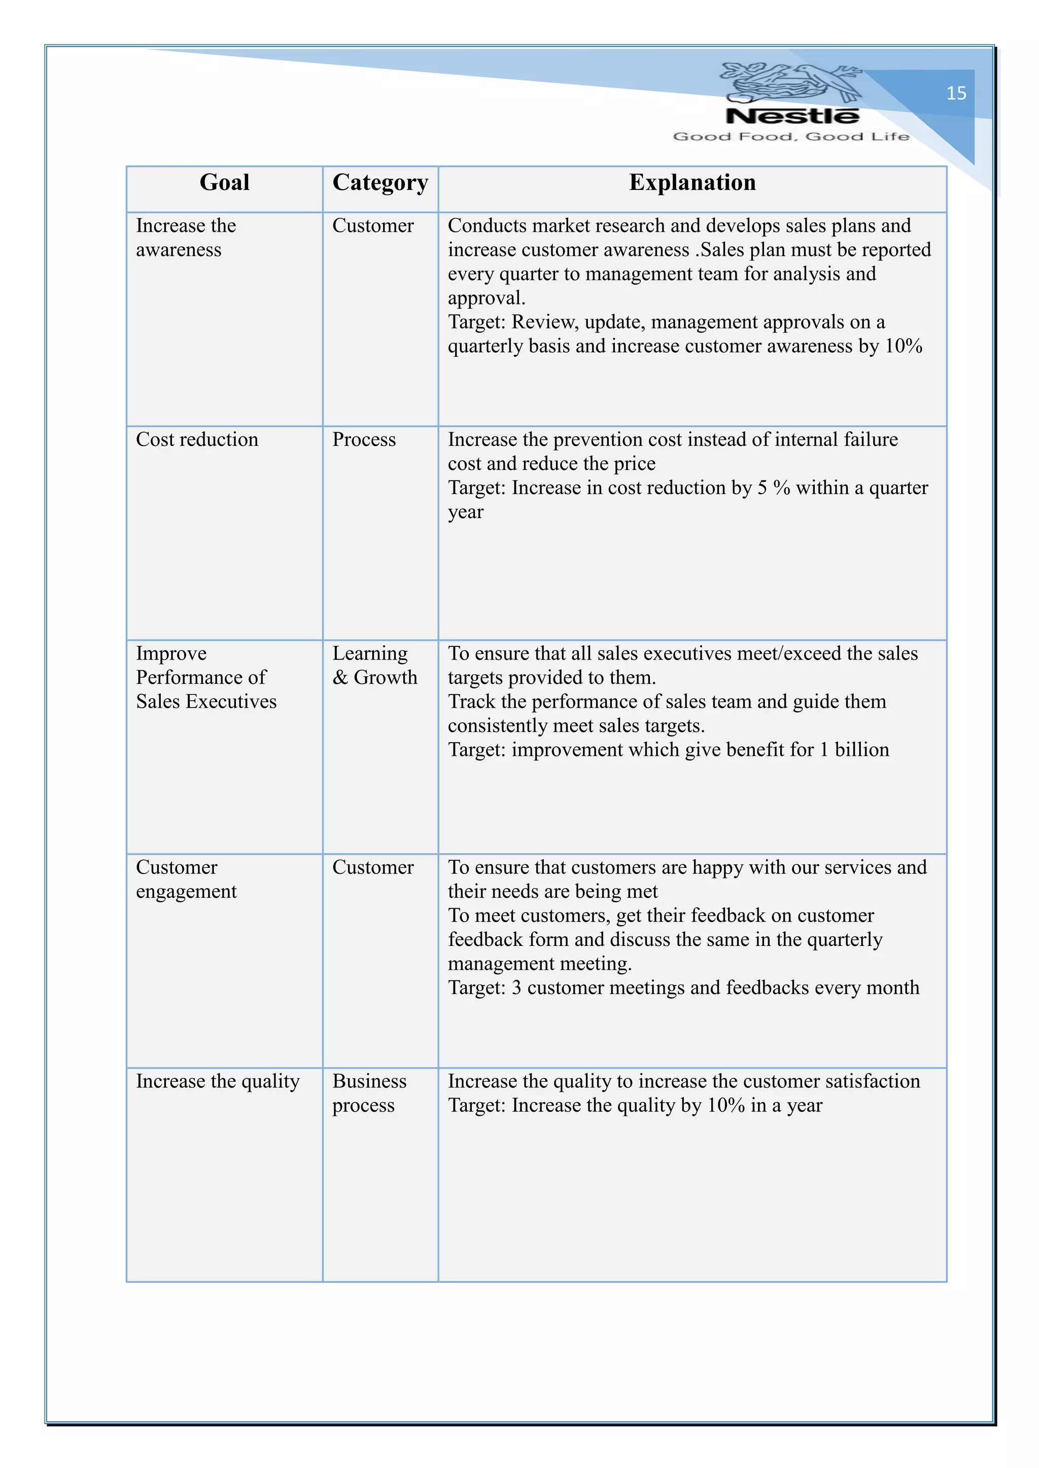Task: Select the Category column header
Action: pos(380,183)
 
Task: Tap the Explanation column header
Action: pos(691,183)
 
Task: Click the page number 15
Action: pos(956,93)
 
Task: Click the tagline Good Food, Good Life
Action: pos(791,136)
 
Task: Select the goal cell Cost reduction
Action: pos(197,440)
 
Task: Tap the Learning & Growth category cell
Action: pos(374,666)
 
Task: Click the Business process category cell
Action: pos(369,1093)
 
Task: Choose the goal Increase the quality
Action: pos(218,1081)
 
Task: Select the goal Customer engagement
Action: pos(186,879)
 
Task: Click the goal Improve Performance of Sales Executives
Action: pos(205,678)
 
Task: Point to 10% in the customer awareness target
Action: pos(904,347)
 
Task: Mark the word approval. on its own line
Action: pos(486,299)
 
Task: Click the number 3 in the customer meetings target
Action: pos(516,988)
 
